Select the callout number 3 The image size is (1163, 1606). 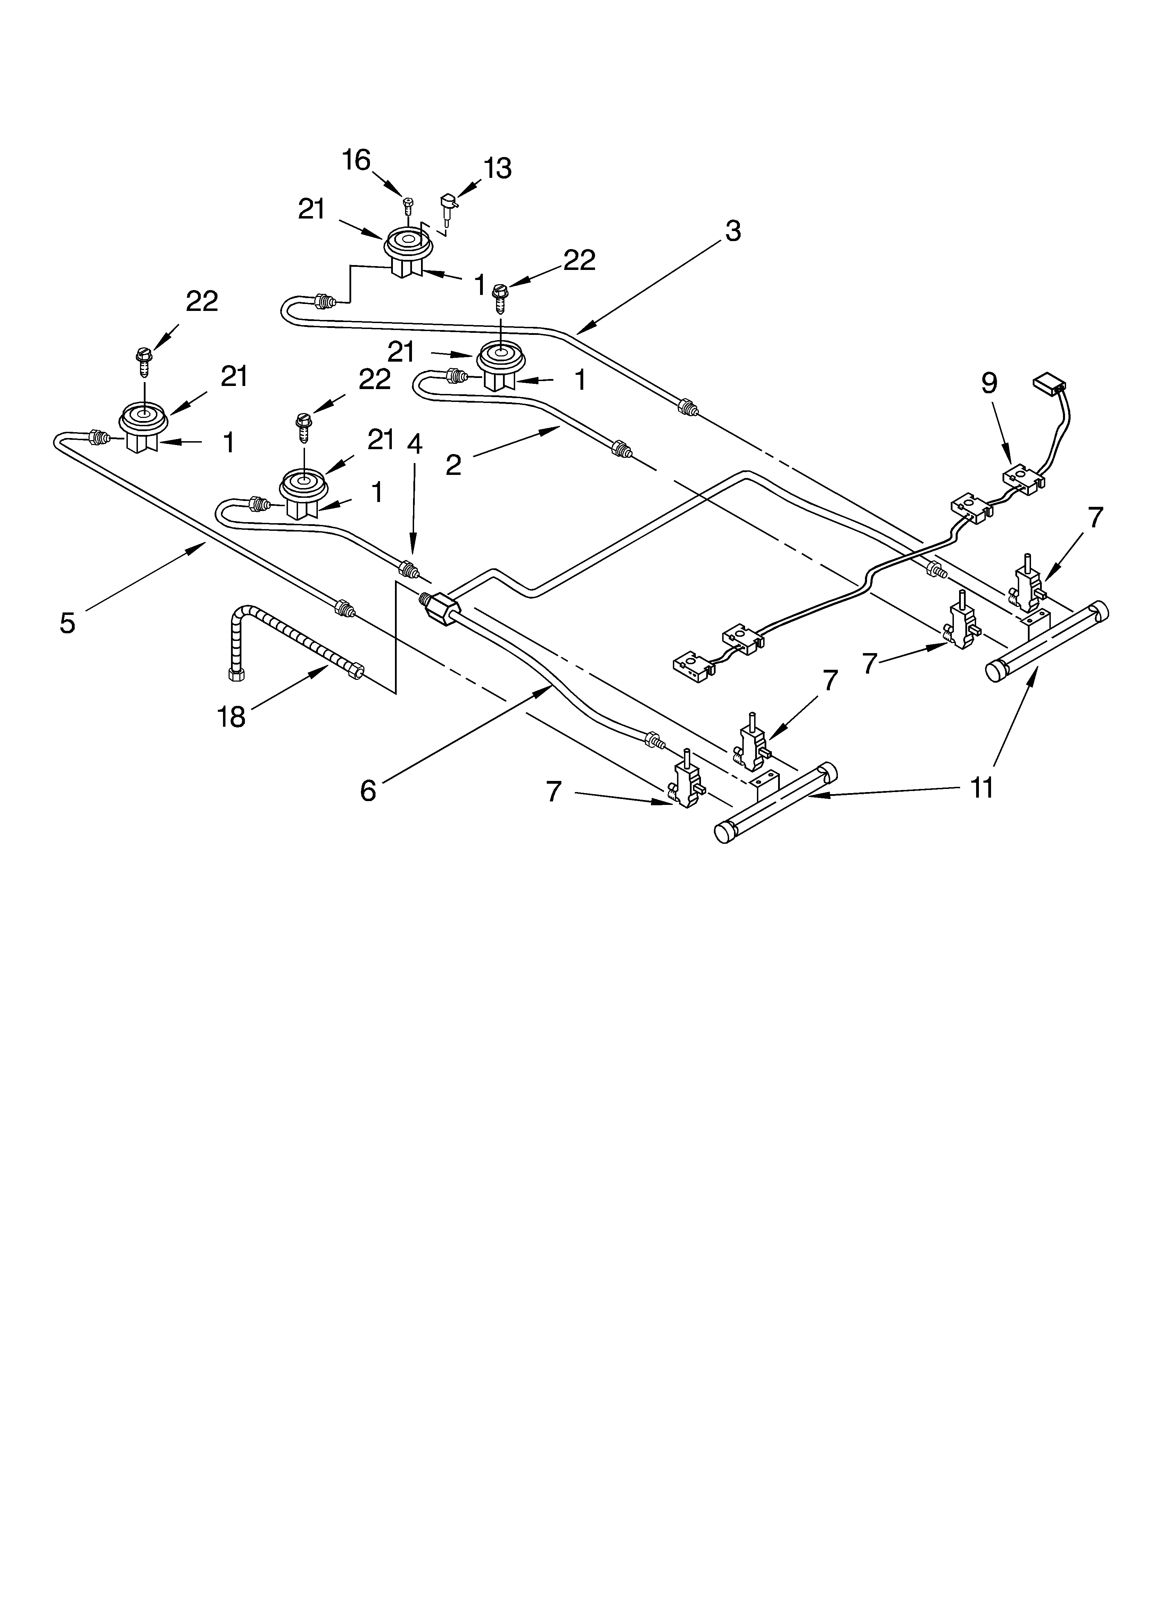(x=733, y=231)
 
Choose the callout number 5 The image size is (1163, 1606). (x=67, y=623)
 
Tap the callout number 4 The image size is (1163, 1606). (x=414, y=444)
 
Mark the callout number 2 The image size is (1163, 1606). (x=453, y=465)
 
